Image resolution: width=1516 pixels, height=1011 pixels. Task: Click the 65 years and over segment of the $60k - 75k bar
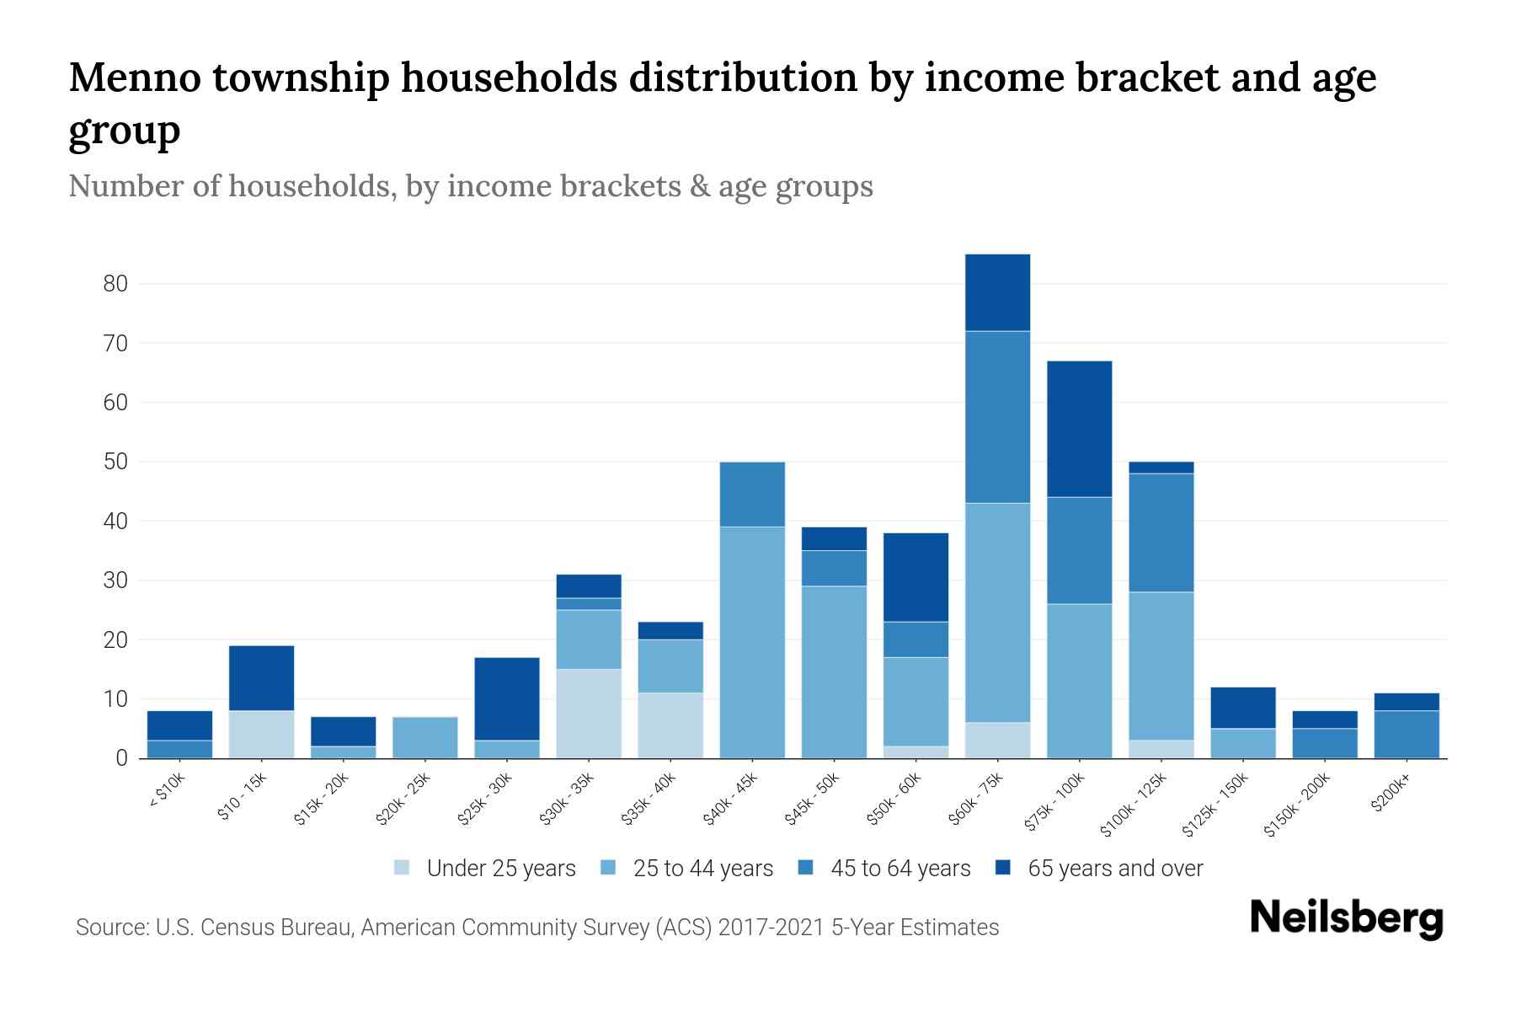997,292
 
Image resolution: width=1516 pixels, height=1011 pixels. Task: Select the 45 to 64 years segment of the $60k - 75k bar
997,417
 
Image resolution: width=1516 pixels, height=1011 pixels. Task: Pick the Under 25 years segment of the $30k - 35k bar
588,714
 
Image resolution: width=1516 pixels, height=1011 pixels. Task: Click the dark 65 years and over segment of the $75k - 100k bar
1079,429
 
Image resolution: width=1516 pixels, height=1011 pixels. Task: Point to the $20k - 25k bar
424,737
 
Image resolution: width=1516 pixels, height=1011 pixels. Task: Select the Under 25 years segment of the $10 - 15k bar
261,734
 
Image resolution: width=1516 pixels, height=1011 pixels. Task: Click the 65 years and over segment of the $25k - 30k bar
506,698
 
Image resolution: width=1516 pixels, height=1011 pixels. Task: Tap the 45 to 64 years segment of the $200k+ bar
1406,734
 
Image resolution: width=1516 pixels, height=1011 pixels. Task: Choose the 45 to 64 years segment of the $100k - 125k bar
1161,532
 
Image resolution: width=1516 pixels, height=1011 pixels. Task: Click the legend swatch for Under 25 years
403,868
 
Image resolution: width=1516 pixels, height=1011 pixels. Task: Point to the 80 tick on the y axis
115,284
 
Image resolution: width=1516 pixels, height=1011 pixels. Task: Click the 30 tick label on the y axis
115,580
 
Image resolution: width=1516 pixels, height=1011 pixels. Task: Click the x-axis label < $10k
168,792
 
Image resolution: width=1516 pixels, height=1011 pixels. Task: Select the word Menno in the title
134,78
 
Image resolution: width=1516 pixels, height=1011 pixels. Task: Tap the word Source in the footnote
110,928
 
